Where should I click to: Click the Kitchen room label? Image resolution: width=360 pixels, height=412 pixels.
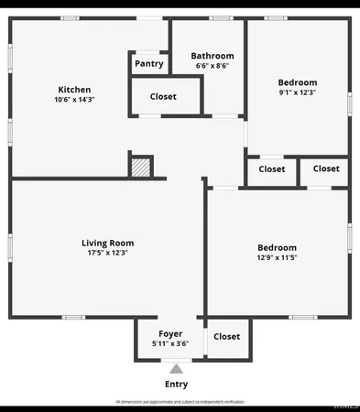pyautogui.click(x=74, y=90)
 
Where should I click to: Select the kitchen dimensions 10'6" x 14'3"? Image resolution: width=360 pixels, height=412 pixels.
pyautogui.click(x=74, y=100)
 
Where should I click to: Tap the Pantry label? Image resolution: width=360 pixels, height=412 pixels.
pyautogui.click(x=149, y=64)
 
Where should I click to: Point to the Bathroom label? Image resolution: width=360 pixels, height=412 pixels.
pyautogui.click(x=213, y=56)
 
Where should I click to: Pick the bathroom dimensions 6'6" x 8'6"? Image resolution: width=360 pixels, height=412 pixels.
pyautogui.click(x=213, y=66)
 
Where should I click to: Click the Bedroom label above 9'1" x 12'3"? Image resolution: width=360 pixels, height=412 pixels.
pyautogui.click(x=298, y=82)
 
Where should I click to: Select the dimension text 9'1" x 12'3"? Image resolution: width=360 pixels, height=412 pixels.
pyautogui.click(x=298, y=92)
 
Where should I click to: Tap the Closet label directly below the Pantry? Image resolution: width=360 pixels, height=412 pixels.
pyautogui.click(x=163, y=96)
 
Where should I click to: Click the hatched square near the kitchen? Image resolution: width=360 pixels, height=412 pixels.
pyautogui.click(x=140, y=168)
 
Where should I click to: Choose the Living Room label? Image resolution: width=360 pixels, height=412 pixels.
pyautogui.click(x=108, y=243)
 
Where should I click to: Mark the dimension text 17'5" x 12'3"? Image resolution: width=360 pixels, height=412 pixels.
pyautogui.click(x=108, y=253)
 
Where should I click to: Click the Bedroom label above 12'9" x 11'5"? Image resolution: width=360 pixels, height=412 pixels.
pyautogui.click(x=277, y=247)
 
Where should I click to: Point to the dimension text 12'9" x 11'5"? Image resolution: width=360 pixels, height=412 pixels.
pyautogui.click(x=277, y=257)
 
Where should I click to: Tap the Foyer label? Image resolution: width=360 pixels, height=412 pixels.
pyautogui.click(x=170, y=333)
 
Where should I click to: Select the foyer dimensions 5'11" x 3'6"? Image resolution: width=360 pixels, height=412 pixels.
pyautogui.click(x=170, y=343)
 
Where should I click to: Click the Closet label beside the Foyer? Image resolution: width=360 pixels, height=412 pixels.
pyautogui.click(x=226, y=336)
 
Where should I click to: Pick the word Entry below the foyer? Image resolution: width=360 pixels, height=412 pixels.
pyautogui.click(x=176, y=385)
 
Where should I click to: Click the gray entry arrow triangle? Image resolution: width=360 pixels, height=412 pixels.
pyautogui.click(x=176, y=368)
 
